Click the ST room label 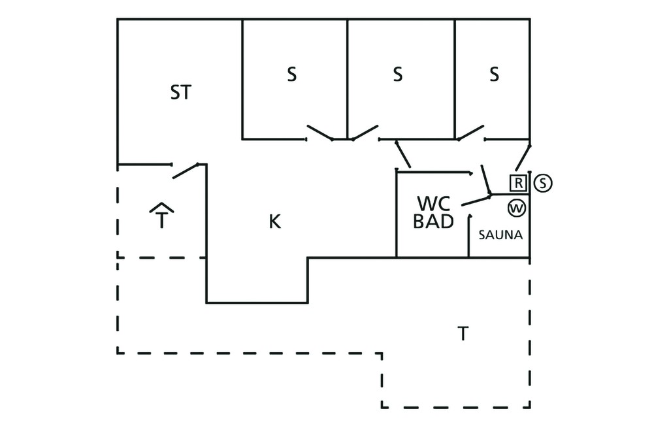[181, 92]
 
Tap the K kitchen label [275, 221]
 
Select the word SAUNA [500, 235]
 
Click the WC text [434, 204]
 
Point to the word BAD [433, 221]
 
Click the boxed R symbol [518, 183]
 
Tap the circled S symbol [543, 183]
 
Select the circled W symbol [517, 208]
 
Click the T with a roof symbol [161, 216]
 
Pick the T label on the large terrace [463, 333]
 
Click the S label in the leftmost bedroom [291, 74]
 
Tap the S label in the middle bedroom [398, 74]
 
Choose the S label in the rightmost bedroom [494, 74]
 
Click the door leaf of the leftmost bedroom [320, 133]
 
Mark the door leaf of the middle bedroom [365, 133]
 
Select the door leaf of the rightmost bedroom [470, 133]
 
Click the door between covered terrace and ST [186, 171]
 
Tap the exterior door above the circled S [523, 158]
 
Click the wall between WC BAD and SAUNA [469, 237]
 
